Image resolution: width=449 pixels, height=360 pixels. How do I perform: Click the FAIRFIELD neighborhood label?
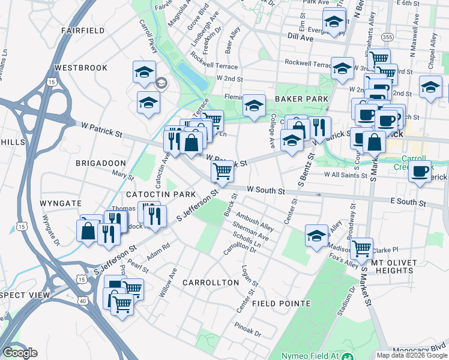83,30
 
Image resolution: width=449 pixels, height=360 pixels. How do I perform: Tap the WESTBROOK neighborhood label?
80,68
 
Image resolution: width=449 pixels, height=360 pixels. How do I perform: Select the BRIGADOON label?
101,163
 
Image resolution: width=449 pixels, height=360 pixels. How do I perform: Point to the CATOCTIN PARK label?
161,194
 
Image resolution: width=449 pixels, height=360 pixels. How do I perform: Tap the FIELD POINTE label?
282,304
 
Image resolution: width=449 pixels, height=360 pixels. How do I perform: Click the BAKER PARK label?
301,98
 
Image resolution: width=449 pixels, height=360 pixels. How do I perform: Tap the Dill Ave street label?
301,37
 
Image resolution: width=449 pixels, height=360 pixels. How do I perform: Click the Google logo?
20,353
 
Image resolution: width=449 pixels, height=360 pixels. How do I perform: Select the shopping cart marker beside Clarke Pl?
361,247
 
